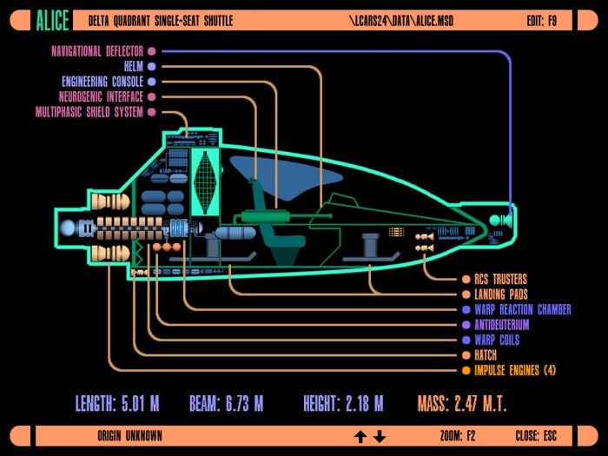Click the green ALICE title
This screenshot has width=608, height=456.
pos(52,21)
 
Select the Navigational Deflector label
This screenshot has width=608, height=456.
pos(97,51)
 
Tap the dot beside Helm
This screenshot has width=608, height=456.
pos(152,67)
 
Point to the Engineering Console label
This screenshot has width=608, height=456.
pos(102,82)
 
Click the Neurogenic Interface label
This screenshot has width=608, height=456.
pos(101,97)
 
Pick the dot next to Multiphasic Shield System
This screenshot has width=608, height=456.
pos(152,112)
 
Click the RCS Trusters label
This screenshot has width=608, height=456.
pos(500,279)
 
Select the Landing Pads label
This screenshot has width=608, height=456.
pos(501,294)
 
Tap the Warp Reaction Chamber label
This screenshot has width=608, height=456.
pos(523,310)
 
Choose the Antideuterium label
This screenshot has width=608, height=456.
pos(502,325)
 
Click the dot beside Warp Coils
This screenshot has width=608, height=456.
pos(466,340)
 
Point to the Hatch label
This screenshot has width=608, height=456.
pos(486,355)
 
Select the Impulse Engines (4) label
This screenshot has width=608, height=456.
pos(515,371)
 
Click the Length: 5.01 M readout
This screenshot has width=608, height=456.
pos(117,404)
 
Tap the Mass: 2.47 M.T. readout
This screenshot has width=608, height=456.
pos(462,404)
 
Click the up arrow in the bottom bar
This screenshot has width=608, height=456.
pos(360,436)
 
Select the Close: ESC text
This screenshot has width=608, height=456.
pos(536,436)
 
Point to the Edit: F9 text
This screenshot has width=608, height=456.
pos(542,21)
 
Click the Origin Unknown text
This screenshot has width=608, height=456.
pos(129,436)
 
